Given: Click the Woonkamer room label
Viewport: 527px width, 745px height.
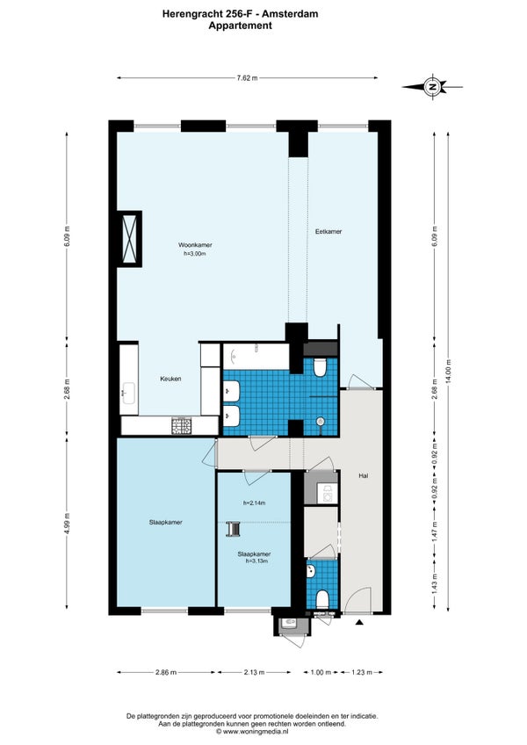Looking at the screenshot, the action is [x=195, y=245].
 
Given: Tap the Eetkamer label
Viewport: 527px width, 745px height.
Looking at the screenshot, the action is [x=328, y=232].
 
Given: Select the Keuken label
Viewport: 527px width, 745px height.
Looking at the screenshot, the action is [x=170, y=379].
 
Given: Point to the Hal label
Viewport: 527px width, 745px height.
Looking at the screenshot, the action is [x=364, y=475].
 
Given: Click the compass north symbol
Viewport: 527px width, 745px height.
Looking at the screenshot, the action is [x=432, y=87].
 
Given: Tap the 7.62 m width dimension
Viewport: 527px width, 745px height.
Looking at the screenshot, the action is [x=247, y=78].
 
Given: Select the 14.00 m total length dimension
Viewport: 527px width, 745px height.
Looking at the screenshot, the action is [x=449, y=371].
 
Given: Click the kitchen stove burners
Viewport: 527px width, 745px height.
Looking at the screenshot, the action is [x=182, y=426].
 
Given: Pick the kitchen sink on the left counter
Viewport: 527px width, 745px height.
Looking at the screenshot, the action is [x=129, y=393].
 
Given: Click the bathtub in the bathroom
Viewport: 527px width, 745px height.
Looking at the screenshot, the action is [x=256, y=357].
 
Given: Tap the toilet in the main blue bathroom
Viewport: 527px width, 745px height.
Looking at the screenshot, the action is [x=320, y=367].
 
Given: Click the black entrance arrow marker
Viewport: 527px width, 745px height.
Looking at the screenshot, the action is [x=360, y=622].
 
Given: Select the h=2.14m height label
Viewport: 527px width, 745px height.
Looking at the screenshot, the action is [x=254, y=503].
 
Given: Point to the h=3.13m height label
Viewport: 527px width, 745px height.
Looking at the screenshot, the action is [x=256, y=561].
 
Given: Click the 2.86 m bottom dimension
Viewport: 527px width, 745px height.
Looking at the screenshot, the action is [x=166, y=672].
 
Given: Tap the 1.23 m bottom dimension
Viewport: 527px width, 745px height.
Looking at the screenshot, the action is [x=362, y=672].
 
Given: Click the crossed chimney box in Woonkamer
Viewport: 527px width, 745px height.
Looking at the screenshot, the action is [x=129, y=238].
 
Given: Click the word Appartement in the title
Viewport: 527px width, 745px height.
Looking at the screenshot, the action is [x=240, y=25].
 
